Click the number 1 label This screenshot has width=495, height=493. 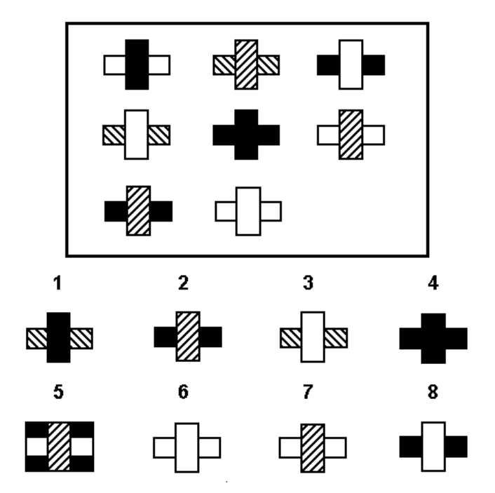click(x=57, y=283)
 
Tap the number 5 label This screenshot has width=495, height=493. click(x=58, y=392)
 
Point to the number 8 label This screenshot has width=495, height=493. click(x=433, y=392)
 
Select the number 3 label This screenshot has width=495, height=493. click(x=308, y=283)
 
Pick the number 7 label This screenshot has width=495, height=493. click(x=308, y=392)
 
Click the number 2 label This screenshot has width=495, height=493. click(x=184, y=283)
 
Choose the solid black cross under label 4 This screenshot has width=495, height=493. click(x=433, y=338)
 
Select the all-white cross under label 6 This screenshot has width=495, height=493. click(x=187, y=447)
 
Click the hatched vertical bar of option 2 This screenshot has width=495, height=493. click(x=188, y=337)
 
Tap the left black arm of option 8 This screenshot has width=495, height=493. click(x=411, y=447)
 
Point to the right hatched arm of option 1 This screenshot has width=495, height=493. click(x=81, y=339)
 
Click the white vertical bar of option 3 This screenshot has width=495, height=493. click(x=313, y=337)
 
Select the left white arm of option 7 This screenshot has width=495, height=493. click(x=290, y=447)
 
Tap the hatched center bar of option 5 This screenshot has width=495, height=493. click(x=59, y=447)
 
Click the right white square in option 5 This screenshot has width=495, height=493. click(x=81, y=447)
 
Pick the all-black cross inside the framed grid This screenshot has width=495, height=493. click(x=246, y=135)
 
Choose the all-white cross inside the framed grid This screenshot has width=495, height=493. click(x=248, y=211)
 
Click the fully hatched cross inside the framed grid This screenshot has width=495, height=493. click(x=246, y=65)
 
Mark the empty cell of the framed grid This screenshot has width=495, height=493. click(x=351, y=211)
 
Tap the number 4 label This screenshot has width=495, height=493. click(x=433, y=283)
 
